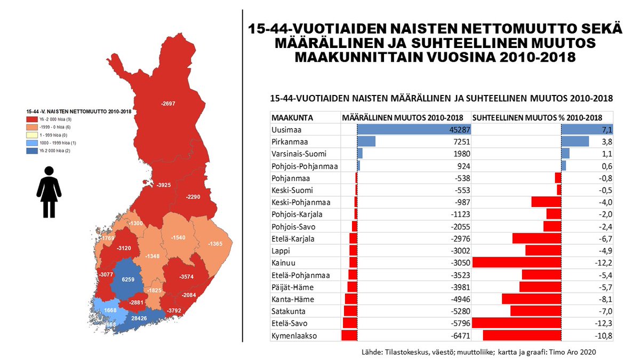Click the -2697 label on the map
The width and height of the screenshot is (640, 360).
168,103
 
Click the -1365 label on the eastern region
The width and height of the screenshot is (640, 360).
215,244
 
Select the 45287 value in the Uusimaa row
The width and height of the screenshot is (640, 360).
456,129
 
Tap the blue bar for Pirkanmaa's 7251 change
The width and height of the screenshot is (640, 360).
366,141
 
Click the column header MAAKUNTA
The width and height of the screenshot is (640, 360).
292,117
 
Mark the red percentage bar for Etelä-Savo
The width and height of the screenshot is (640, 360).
517,323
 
